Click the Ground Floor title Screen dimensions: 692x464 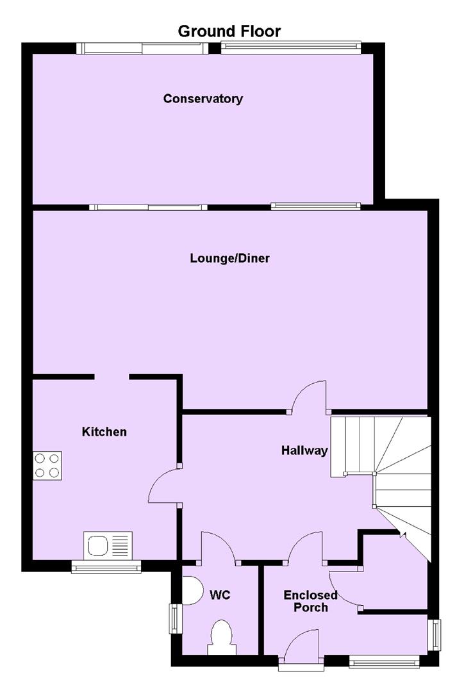(229, 31)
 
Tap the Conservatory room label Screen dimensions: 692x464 (203, 99)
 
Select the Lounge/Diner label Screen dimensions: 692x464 (229, 258)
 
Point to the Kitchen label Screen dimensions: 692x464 (104, 432)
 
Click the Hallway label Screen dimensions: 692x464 (304, 450)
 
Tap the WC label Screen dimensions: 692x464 (220, 595)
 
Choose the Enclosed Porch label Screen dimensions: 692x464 (310, 601)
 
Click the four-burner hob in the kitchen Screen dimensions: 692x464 (47, 466)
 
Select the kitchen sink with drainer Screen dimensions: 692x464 (108, 546)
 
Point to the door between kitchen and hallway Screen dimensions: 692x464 (164, 485)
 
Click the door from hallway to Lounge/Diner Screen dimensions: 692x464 (309, 397)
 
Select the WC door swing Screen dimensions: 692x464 (219, 548)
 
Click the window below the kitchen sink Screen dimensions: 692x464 (106, 567)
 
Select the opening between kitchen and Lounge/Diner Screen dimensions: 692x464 (112, 377)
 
